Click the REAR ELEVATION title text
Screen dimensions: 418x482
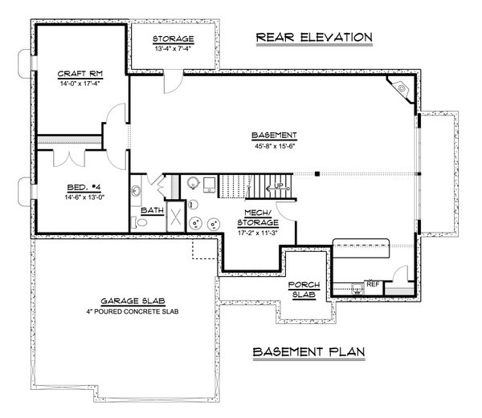tap(312, 37)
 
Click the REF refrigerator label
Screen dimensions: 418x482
tap(372, 283)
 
